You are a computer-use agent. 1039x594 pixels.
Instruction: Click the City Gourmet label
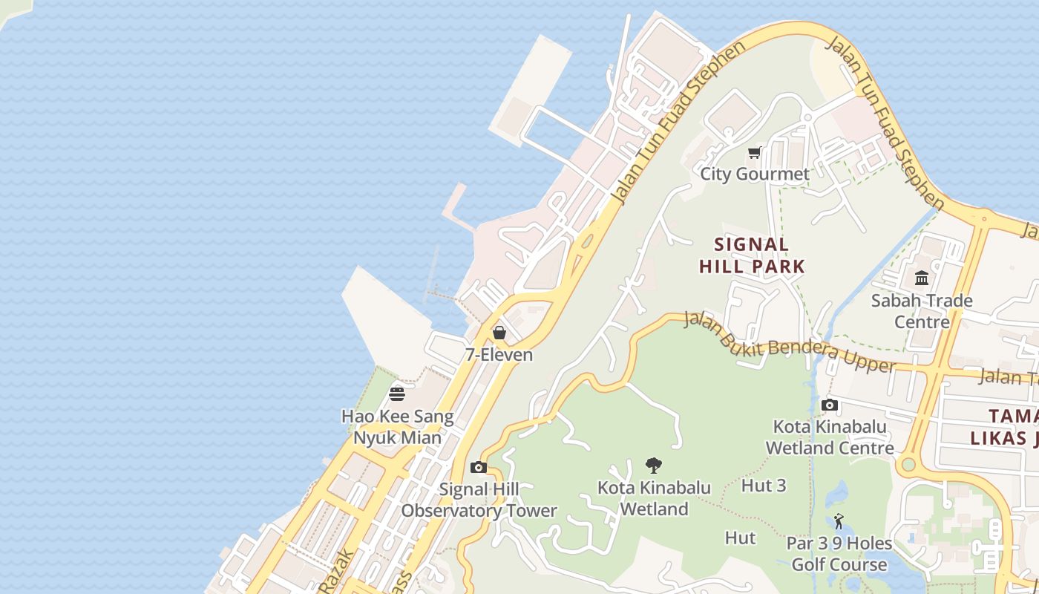[755, 174]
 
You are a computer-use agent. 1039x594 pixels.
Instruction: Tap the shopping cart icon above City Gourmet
[755, 153]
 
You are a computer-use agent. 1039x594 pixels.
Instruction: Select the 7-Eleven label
[499, 355]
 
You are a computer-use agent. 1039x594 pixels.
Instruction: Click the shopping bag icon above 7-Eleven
[499, 333]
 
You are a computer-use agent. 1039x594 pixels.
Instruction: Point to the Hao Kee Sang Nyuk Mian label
[397, 427]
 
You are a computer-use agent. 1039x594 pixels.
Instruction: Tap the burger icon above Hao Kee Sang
[397, 394]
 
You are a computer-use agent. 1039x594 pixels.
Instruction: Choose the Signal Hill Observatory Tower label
[479, 500]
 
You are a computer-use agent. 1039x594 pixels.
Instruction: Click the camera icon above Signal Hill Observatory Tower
[479, 467]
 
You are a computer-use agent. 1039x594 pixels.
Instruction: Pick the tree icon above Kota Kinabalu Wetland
[654, 466]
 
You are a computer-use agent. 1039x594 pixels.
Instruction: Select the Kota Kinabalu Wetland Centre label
[830, 437]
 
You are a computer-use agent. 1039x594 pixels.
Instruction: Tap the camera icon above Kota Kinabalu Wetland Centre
[830, 405]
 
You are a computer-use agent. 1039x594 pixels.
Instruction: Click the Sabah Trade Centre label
[922, 311]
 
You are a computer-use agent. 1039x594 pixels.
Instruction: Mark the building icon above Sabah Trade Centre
[922, 278]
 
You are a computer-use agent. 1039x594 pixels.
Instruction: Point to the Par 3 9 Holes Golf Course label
[839, 554]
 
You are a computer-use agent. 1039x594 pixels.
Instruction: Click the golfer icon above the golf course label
[839, 521]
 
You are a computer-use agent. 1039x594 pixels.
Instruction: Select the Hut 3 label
[763, 486]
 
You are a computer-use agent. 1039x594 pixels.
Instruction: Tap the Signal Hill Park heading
[752, 255]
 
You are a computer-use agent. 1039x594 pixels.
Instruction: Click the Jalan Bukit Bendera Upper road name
[788, 342]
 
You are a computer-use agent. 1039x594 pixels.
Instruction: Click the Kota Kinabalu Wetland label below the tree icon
[654, 499]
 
